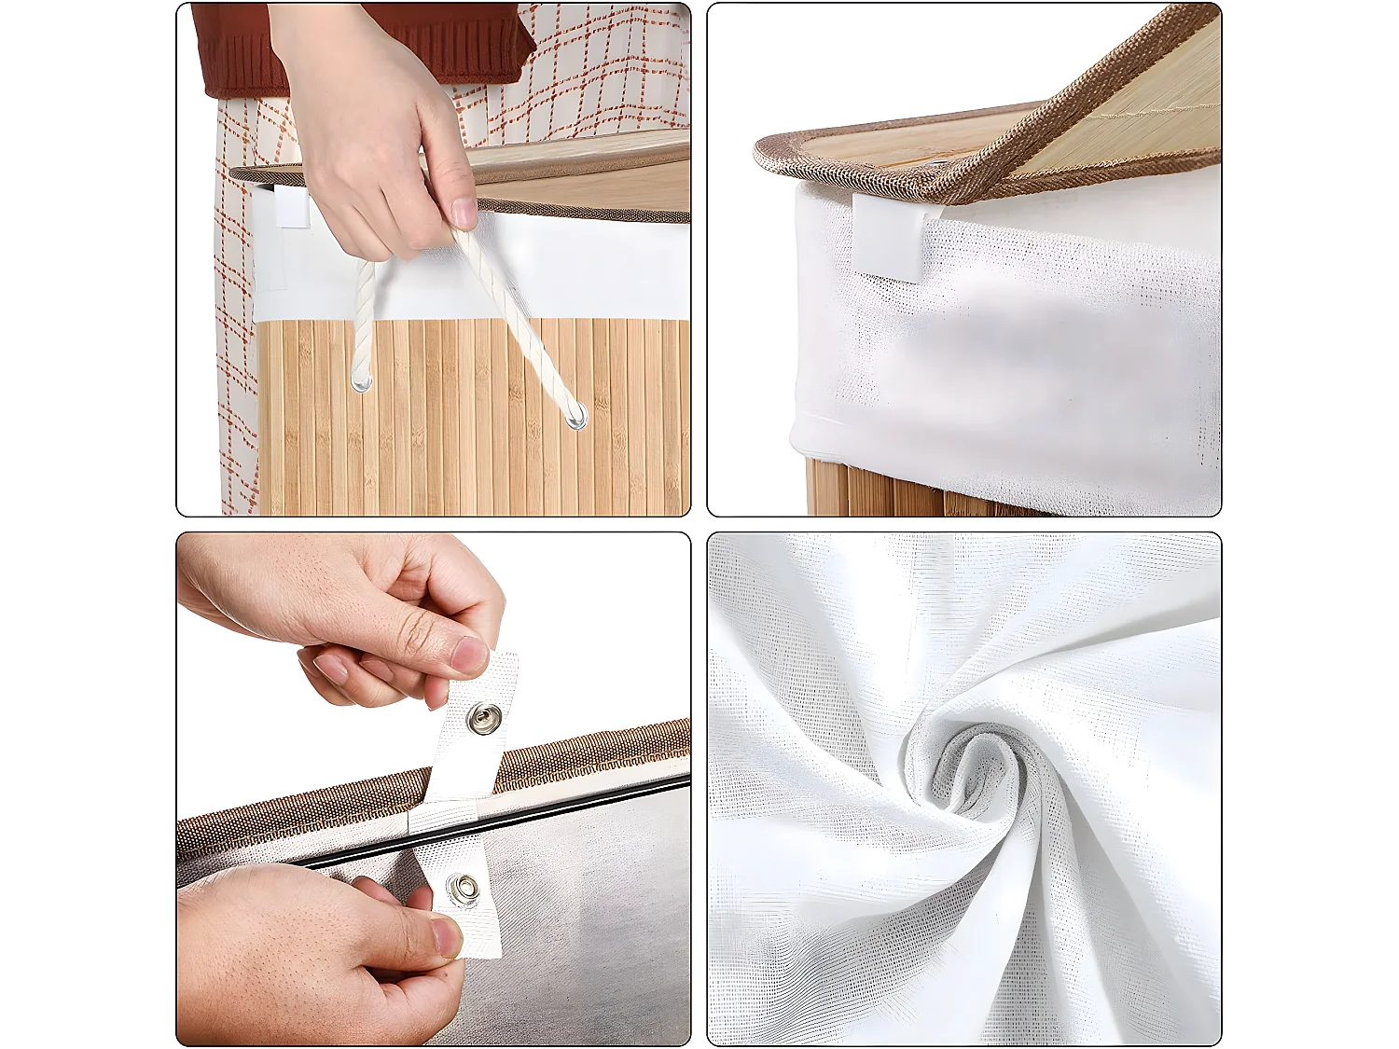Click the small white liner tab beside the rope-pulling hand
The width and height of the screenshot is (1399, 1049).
click(x=291, y=207)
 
